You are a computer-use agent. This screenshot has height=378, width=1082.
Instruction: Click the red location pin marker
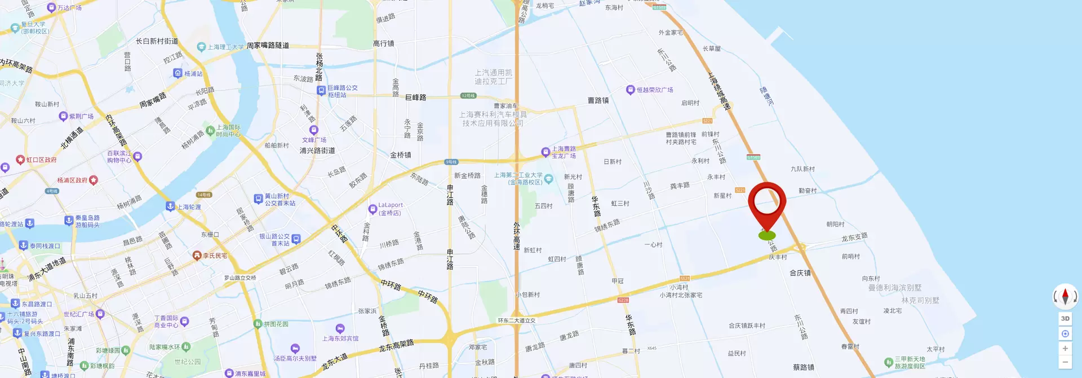click(x=766, y=204)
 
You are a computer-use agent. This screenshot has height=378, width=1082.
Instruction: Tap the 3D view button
click(x=1065, y=319)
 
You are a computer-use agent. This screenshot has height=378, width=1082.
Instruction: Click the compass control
click(x=1065, y=296)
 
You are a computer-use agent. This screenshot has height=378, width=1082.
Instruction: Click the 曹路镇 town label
click(x=598, y=100)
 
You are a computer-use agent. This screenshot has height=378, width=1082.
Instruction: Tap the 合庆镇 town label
click(x=800, y=273)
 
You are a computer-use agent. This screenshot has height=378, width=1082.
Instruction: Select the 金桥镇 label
click(x=401, y=155)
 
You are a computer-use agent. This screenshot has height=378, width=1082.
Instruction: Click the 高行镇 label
click(x=383, y=43)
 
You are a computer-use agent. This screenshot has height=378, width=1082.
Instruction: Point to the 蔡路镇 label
click(x=803, y=367)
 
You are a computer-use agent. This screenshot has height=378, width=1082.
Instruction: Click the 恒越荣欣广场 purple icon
click(x=630, y=90)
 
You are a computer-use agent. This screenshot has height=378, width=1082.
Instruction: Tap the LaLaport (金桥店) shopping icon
click(x=373, y=209)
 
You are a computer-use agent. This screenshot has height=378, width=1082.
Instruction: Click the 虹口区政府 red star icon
click(x=20, y=160)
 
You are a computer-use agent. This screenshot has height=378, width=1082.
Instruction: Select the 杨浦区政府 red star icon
click(x=94, y=180)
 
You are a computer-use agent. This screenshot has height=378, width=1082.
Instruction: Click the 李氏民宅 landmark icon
click(x=197, y=256)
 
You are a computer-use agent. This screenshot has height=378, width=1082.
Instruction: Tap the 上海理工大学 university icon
click(x=201, y=47)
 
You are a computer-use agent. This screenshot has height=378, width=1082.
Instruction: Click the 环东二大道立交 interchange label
click(x=516, y=320)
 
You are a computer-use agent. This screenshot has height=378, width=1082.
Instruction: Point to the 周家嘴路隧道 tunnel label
click(x=268, y=45)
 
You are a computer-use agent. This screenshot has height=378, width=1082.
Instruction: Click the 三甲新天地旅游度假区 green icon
click(x=888, y=362)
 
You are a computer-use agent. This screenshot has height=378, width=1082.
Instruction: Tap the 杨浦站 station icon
click(x=178, y=73)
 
